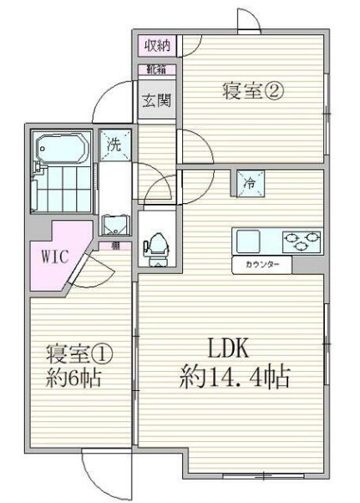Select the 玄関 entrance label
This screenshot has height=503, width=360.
(x=155, y=100)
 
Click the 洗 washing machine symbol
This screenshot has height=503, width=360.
(x=116, y=144)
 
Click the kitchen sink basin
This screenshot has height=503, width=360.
(x=248, y=241)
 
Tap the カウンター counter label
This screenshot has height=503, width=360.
(x=261, y=265)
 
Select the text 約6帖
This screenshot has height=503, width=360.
(x=74, y=379)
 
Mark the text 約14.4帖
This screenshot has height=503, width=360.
(x=235, y=379)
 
